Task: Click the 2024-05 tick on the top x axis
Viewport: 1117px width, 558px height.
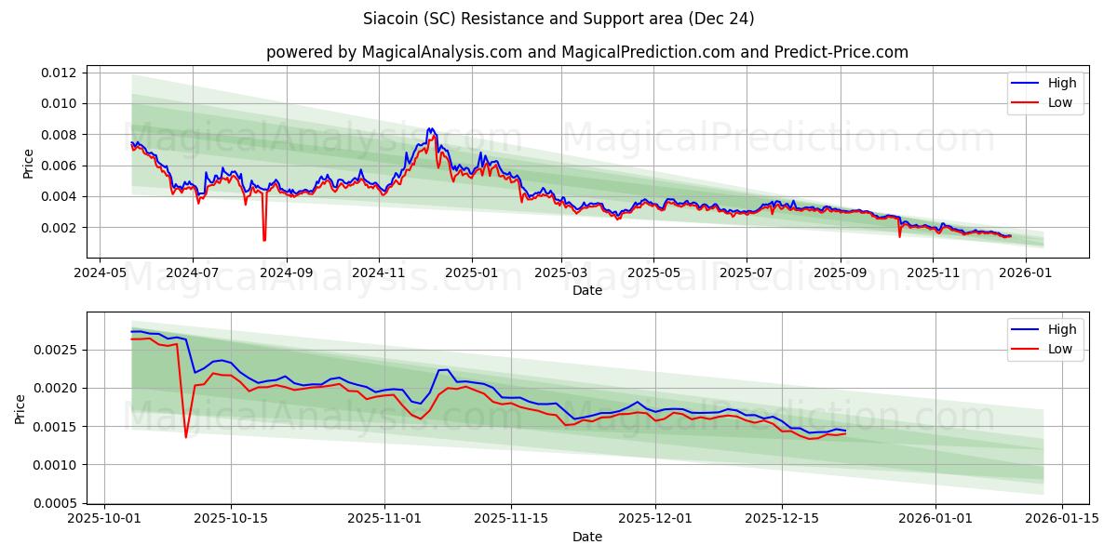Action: click(x=101, y=272)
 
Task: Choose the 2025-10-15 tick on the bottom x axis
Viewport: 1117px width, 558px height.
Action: click(x=230, y=519)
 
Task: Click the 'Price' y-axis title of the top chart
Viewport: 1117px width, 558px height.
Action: click(x=28, y=164)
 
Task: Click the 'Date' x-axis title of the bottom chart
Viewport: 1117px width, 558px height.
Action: click(x=586, y=537)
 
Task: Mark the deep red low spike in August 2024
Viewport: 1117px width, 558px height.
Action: click(x=264, y=239)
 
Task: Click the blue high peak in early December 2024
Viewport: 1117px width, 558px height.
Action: click(x=429, y=129)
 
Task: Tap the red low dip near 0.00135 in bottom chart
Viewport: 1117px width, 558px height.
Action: click(x=185, y=436)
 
